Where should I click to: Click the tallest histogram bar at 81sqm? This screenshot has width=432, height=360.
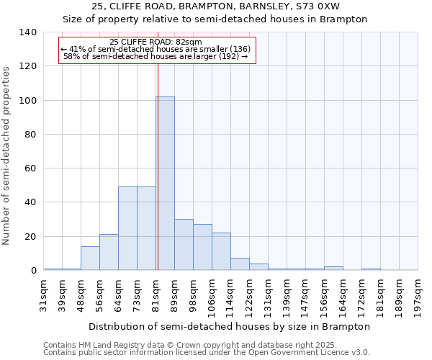tap(165, 184)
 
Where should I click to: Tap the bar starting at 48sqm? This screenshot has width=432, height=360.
tap(90, 258)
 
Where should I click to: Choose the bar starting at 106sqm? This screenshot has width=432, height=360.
tap(221, 251)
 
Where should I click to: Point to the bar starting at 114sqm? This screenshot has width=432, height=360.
tap(240, 264)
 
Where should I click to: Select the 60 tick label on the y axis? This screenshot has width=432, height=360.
tap(30, 168)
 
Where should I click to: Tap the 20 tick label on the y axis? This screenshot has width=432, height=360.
tap(30, 236)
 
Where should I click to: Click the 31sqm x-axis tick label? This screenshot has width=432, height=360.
tap(44, 294)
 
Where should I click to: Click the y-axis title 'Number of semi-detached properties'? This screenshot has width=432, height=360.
tap(7, 155)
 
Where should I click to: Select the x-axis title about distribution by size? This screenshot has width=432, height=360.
tap(230, 326)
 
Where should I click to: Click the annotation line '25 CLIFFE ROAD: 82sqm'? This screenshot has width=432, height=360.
tap(156, 42)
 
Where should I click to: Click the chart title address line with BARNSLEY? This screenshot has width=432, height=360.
tap(215, 6)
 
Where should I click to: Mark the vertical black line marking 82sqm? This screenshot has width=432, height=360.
tap(158, 166)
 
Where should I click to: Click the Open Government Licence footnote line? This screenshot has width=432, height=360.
tap(207, 352)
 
